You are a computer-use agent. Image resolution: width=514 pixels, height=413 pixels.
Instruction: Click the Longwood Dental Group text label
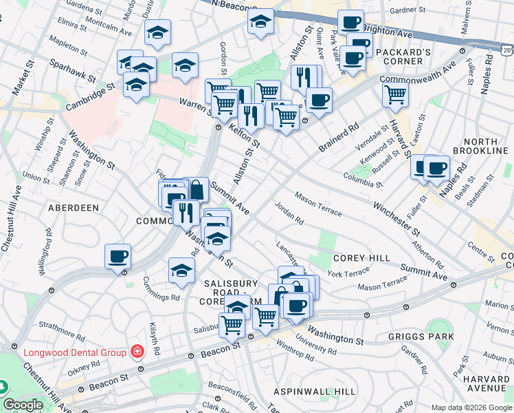[x=75, y=352]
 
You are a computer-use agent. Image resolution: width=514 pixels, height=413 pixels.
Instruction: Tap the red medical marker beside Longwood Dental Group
[x=137, y=352]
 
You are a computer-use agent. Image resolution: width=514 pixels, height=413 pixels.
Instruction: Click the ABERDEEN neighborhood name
[x=74, y=207]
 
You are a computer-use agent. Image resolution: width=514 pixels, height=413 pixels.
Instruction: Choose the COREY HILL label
[x=353, y=257]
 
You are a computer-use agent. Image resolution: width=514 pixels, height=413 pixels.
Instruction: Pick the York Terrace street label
[x=348, y=273]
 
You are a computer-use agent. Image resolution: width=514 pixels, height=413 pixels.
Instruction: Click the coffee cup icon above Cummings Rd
[x=118, y=257]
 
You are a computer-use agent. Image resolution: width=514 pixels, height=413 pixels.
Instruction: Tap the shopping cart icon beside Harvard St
[x=395, y=96]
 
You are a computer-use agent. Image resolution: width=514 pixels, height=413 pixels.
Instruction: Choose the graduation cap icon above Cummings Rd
[x=181, y=270]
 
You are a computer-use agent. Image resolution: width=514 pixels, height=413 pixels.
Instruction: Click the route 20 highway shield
[x=506, y=50]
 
